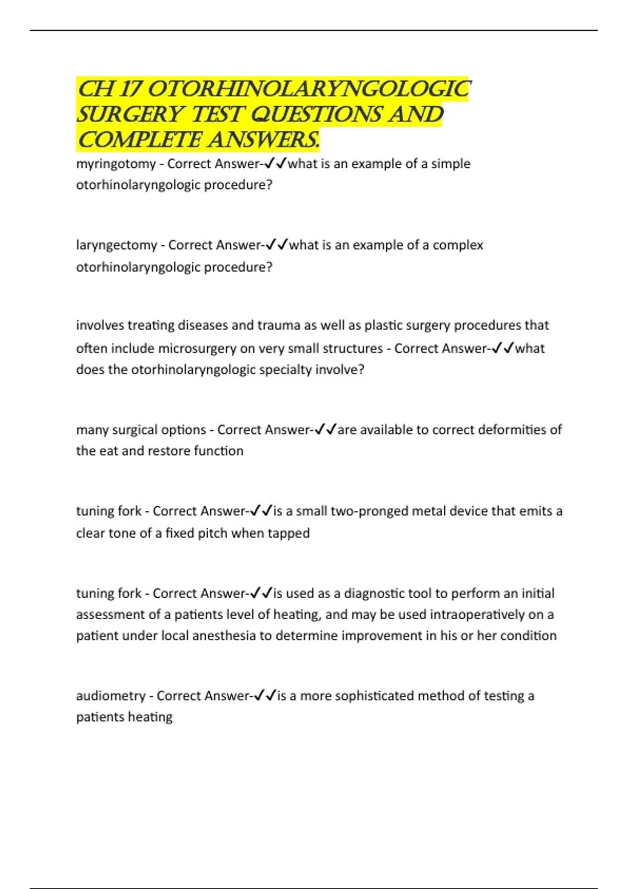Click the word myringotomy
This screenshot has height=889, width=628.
point(116,164)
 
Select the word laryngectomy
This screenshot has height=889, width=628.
point(117,245)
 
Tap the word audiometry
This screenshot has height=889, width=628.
point(110,696)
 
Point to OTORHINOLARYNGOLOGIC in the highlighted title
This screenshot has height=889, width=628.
point(309,89)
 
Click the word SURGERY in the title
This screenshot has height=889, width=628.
point(130,115)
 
